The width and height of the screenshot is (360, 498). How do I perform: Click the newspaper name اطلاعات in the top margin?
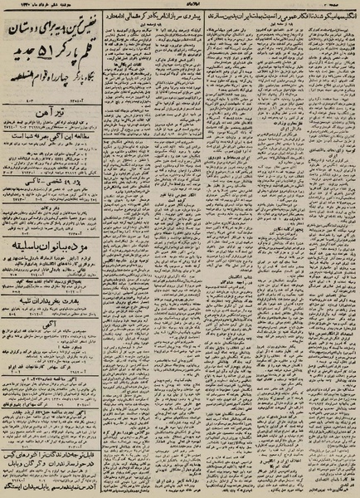pos(182,6)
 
